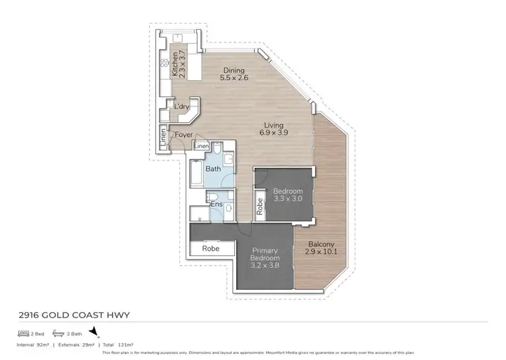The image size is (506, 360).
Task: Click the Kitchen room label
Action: coord(176,65)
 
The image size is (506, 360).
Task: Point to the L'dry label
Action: coord(181,107)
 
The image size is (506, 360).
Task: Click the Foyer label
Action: coord(184,135)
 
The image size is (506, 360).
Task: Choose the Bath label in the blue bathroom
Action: coord(213,169)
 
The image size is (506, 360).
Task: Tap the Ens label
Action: coord(217,204)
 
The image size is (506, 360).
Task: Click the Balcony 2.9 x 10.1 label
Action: coord(322,248)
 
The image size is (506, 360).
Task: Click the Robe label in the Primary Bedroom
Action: coord(212,248)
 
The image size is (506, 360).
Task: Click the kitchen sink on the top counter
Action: coord(179,38)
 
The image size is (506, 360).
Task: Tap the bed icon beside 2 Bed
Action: coord(23,334)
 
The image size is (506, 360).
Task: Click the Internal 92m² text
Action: coord(33,345)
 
